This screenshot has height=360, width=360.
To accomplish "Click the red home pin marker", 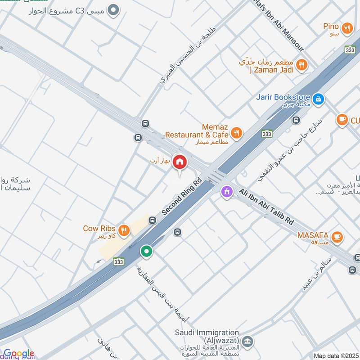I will [x=180, y=162].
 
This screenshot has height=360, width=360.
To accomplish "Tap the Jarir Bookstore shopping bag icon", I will [x=318, y=98].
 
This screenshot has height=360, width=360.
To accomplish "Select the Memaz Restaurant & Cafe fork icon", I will [x=236, y=133].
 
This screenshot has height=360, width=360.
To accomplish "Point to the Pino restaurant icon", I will [x=346, y=28].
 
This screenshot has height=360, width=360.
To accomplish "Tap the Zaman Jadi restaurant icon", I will [x=302, y=65].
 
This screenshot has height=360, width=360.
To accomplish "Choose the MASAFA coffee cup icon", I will [x=336, y=236].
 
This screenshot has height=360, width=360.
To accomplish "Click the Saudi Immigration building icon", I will [x=246, y=342].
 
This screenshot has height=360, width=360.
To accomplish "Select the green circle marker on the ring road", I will [x=146, y=251].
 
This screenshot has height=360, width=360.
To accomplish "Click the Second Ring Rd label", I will [x=182, y=197].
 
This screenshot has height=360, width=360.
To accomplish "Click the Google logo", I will [x=18, y=354].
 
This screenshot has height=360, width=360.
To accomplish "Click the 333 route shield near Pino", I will [x=350, y=49].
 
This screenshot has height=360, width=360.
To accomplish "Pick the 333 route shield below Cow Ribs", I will [x=119, y=261].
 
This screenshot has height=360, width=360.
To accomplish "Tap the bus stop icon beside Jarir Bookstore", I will [x=296, y=120].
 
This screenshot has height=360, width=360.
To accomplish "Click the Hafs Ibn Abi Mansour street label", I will [x=279, y=25].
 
